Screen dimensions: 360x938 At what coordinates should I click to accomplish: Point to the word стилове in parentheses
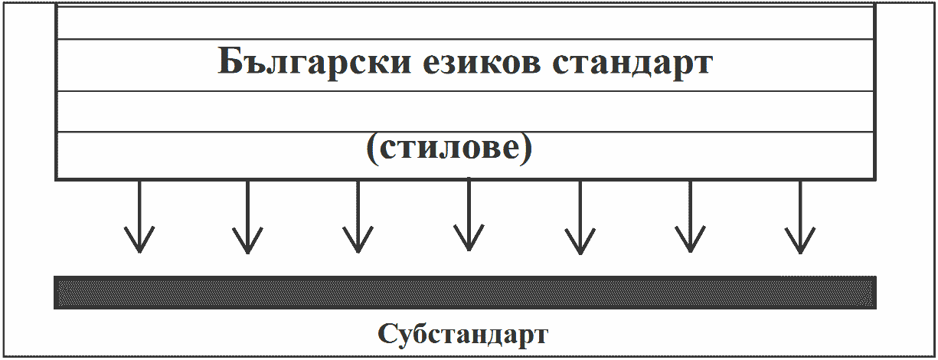tap(448, 149)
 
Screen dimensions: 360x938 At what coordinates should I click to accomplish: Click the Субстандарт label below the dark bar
tap(463, 335)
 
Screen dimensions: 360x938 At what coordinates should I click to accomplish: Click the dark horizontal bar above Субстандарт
tap(465, 293)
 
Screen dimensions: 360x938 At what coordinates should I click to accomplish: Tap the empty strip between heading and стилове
tap(465, 111)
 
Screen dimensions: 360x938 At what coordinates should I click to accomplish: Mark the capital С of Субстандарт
tap(387, 335)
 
